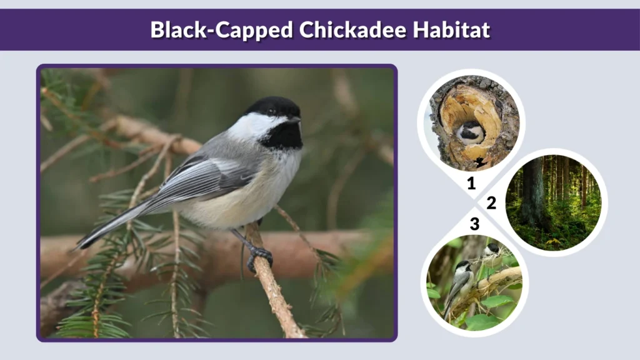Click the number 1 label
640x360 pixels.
(x=471, y=184)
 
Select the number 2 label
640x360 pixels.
(x=491, y=203)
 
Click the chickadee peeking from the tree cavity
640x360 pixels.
(x=470, y=132)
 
